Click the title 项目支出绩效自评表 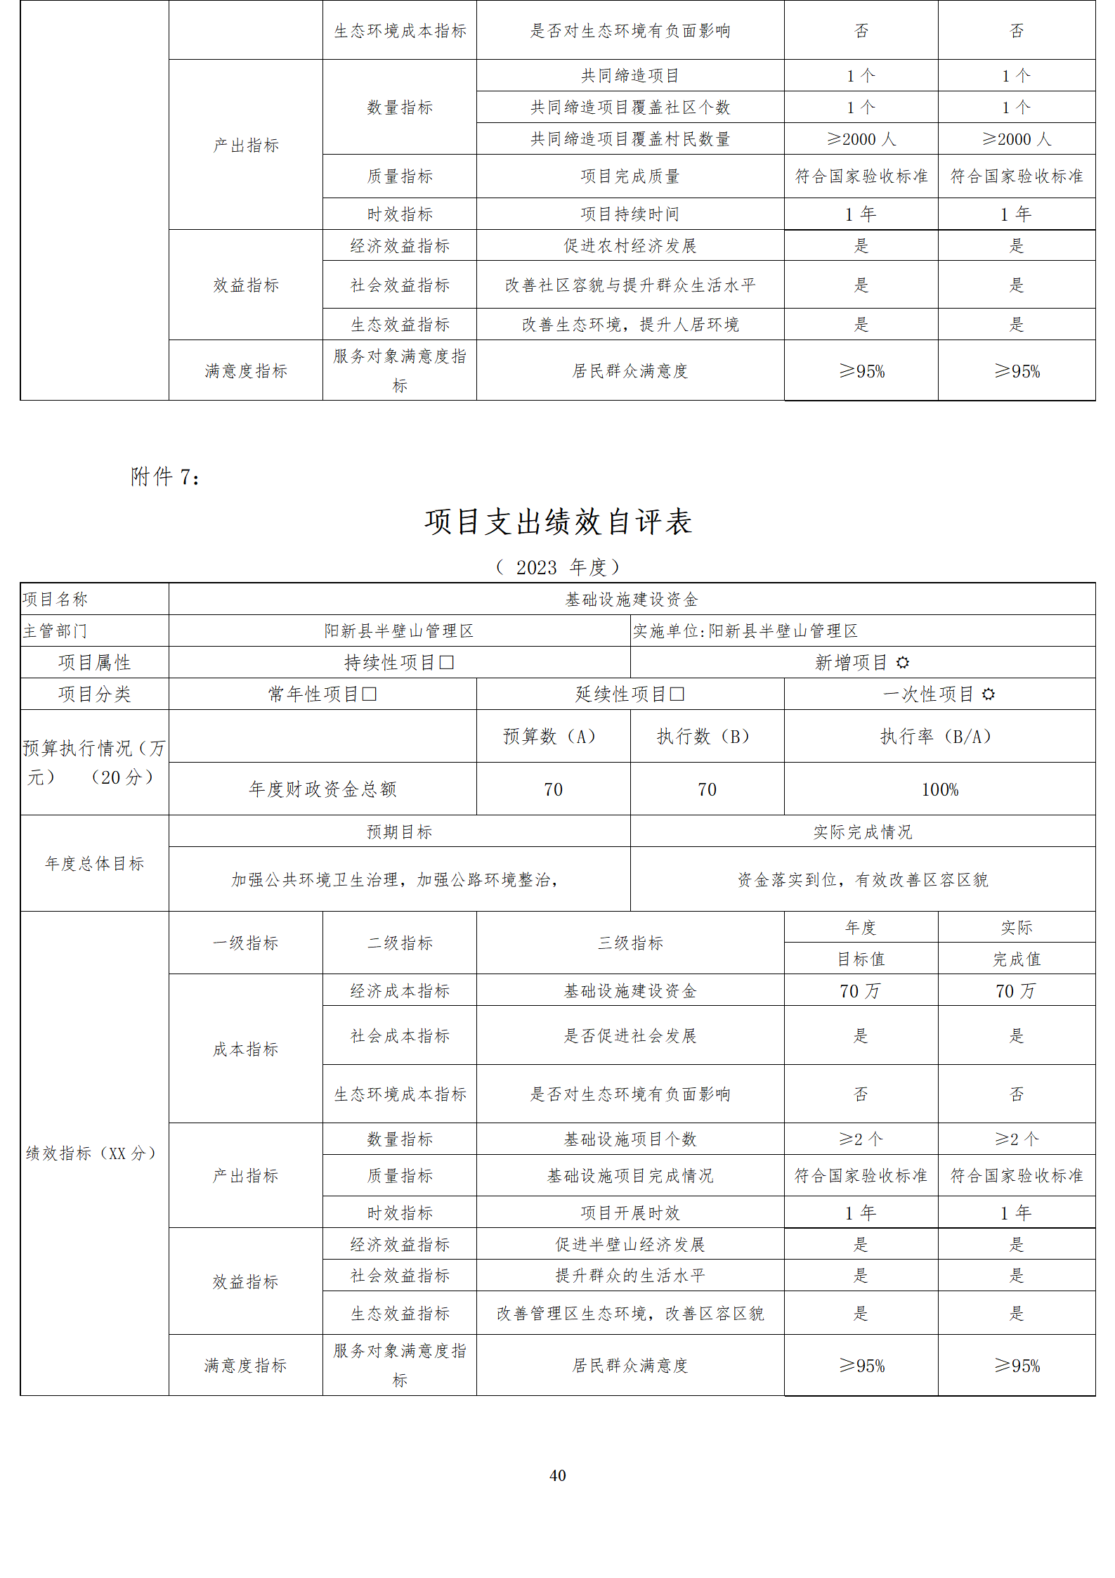point(558,522)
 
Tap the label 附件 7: point(165,477)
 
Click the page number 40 point(557,1475)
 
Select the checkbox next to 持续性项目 point(447,662)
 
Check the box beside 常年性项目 point(370,694)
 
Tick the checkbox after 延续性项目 point(677,694)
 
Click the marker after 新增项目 point(903,662)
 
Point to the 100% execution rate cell point(939,789)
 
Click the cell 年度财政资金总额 point(322,789)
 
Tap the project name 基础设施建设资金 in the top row point(631,600)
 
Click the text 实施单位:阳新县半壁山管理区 point(745,631)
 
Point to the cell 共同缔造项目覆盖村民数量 point(630,139)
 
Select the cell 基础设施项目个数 point(630,1139)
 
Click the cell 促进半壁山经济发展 point(630,1244)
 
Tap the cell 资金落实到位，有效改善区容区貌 point(862,879)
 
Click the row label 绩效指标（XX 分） point(91,1153)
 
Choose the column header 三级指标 point(630,943)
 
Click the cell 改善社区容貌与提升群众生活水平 point(630,285)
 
